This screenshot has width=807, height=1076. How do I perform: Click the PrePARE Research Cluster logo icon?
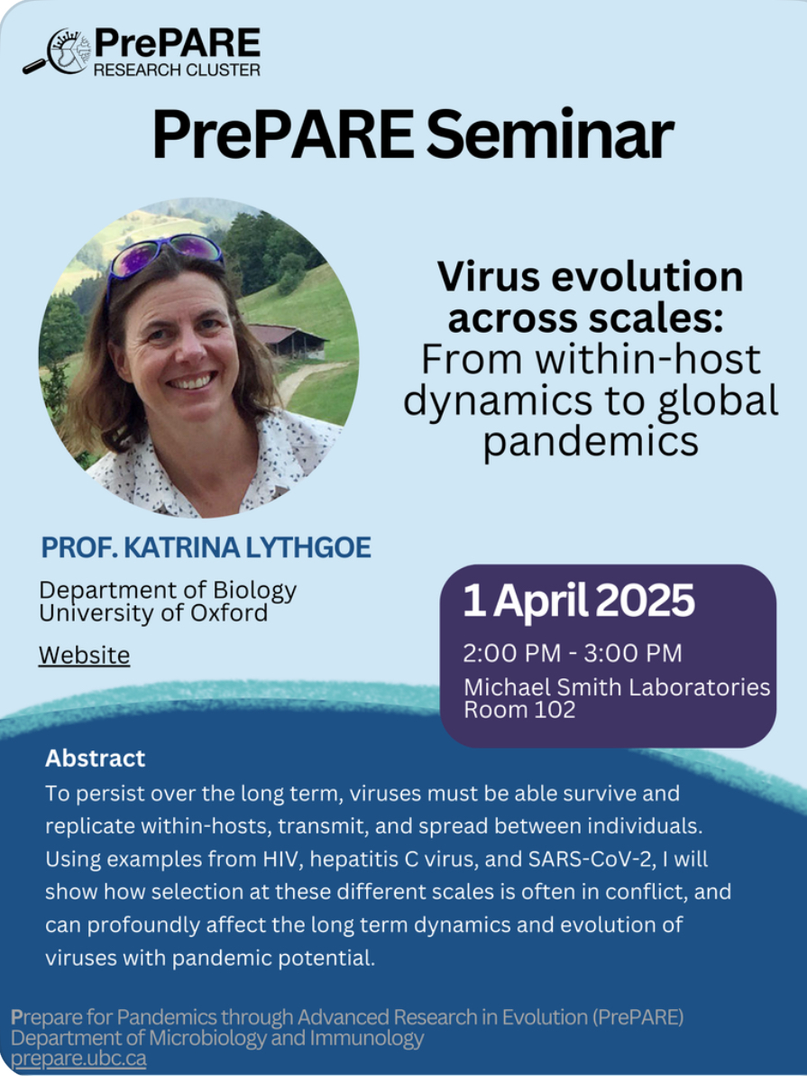point(57,51)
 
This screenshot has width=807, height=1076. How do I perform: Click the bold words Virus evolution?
point(591,276)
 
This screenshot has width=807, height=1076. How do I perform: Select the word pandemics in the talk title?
point(591,442)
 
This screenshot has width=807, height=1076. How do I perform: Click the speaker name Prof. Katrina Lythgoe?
point(206,547)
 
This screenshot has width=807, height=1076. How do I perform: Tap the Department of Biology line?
point(168,590)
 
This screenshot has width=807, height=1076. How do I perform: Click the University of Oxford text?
point(153,612)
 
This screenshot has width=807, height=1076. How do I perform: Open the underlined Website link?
point(84,655)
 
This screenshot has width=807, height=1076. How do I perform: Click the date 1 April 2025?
point(579,601)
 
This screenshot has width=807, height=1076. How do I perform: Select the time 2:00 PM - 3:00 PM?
point(573,653)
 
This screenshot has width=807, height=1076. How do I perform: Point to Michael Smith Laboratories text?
point(617,687)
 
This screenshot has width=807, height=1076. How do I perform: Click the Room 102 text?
point(519,710)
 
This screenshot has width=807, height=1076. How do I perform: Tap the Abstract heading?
point(96,759)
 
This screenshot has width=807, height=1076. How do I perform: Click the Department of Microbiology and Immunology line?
point(217,1037)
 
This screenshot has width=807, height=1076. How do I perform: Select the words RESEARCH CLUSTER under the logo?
point(177,69)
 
